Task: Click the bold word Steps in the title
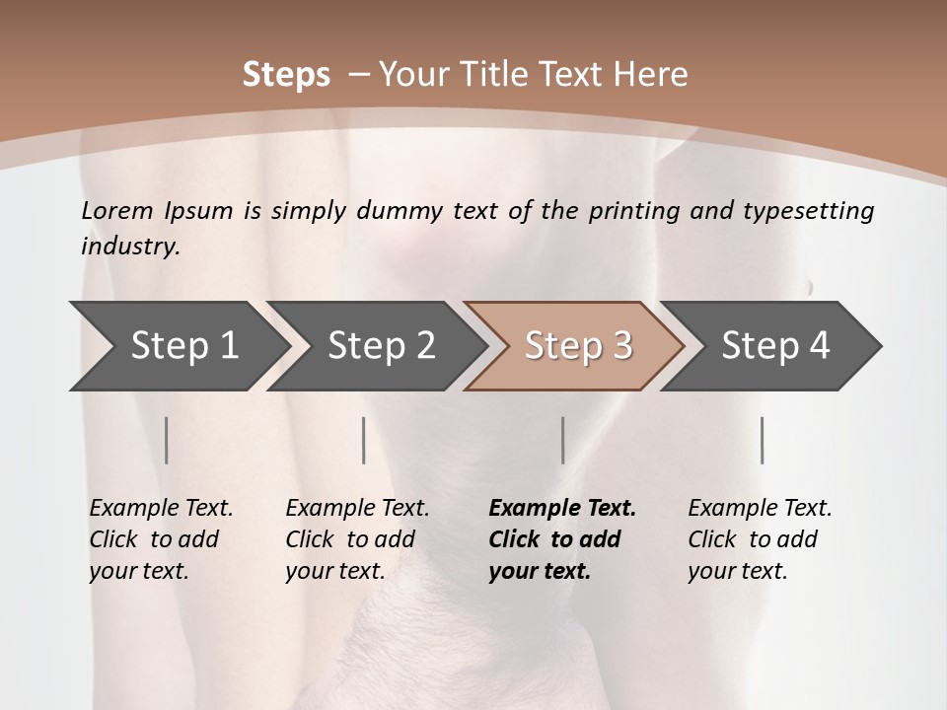[x=286, y=75]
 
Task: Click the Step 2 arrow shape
[x=380, y=345]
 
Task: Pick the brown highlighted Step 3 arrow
[x=577, y=345]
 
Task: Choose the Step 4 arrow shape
[x=774, y=345]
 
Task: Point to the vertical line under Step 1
[x=167, y=440]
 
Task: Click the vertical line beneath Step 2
[x=364, y=440]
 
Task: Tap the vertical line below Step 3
[x=562, y=440]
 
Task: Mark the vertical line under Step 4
[x=763, y=440]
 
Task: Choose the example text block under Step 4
[x=760, y=539]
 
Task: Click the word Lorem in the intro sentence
[x=117, y=211]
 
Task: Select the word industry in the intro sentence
[x=129, y=247]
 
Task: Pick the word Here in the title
[x=654, y=75]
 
